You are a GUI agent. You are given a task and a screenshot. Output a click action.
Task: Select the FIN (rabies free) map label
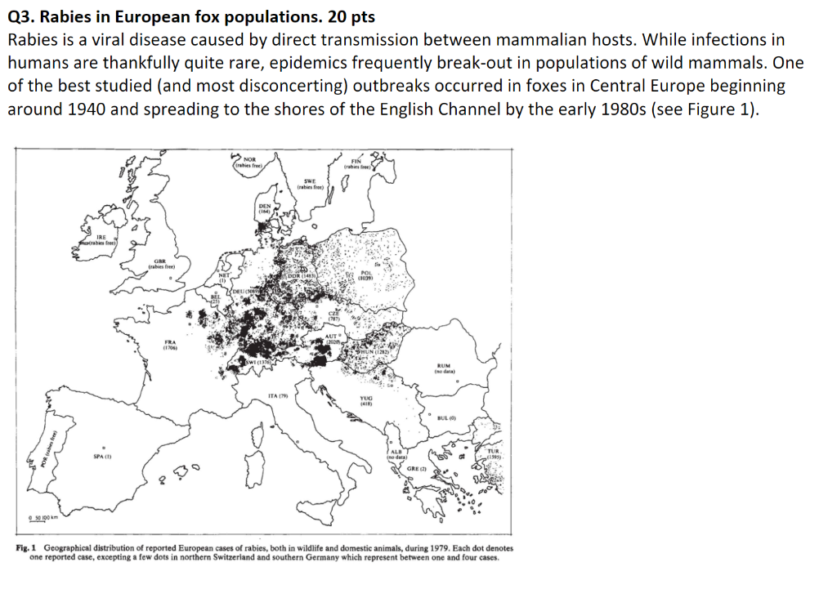tap(356, 164)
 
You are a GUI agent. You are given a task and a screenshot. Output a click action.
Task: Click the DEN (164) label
tap(265, 208)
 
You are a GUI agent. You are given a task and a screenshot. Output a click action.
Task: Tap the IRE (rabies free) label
tap(101, 240)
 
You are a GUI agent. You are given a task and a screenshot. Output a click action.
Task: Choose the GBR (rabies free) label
tap(157, 263)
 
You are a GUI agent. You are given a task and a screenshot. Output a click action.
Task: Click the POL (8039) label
tap(365, 276)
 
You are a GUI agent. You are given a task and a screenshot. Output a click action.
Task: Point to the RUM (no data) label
tap(449, 369)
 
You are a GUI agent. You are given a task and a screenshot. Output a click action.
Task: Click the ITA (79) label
tap(280, 396)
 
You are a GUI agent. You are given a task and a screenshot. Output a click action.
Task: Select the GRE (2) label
tap(418, 470)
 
